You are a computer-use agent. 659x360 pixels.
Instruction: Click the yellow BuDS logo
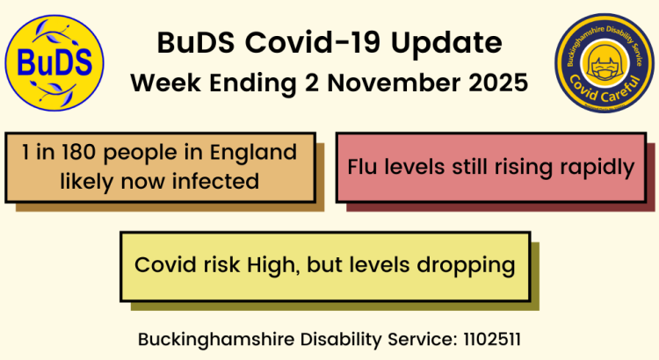(x=54, y=62)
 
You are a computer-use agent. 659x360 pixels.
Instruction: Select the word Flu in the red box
(x=364, y=166)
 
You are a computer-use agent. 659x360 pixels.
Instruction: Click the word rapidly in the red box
(x=597, y=166)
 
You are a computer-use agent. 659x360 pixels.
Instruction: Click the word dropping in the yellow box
(x=470, y=265)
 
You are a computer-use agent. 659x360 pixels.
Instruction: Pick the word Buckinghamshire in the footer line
(x=209, y=338)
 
